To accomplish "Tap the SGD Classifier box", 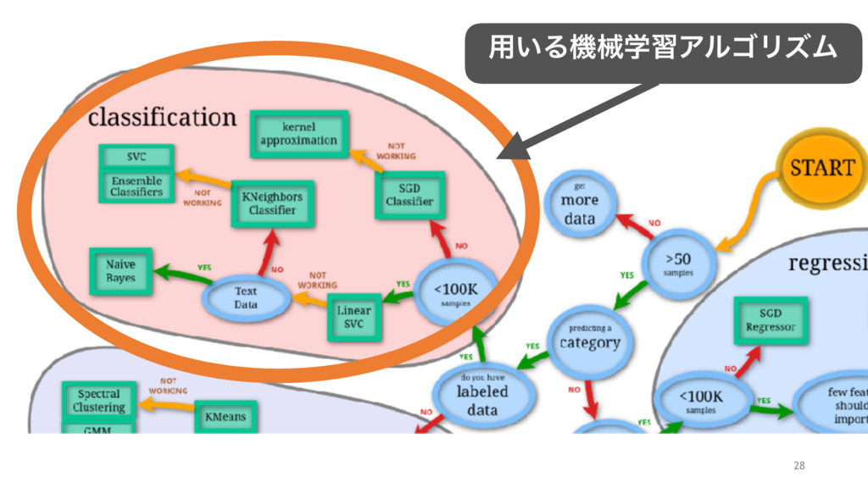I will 409,196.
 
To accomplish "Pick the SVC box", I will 136,158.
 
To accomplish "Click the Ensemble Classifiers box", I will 136,186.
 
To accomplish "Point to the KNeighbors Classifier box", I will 272,203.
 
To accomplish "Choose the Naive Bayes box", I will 120,271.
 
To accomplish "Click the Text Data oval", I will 246,297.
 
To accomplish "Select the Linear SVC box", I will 354,318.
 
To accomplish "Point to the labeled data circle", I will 482,391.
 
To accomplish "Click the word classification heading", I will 162,117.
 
